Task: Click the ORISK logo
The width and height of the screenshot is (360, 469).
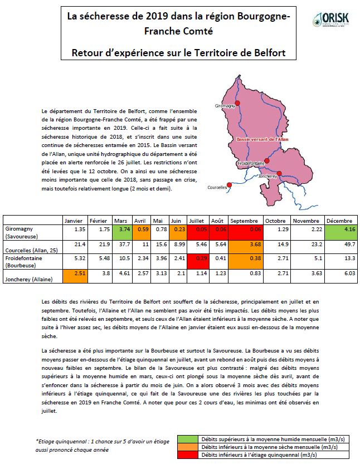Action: [330, 19]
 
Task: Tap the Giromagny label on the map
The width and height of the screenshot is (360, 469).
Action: [225, 105]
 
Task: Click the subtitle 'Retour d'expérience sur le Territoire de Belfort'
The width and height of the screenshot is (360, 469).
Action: [178, 52]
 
